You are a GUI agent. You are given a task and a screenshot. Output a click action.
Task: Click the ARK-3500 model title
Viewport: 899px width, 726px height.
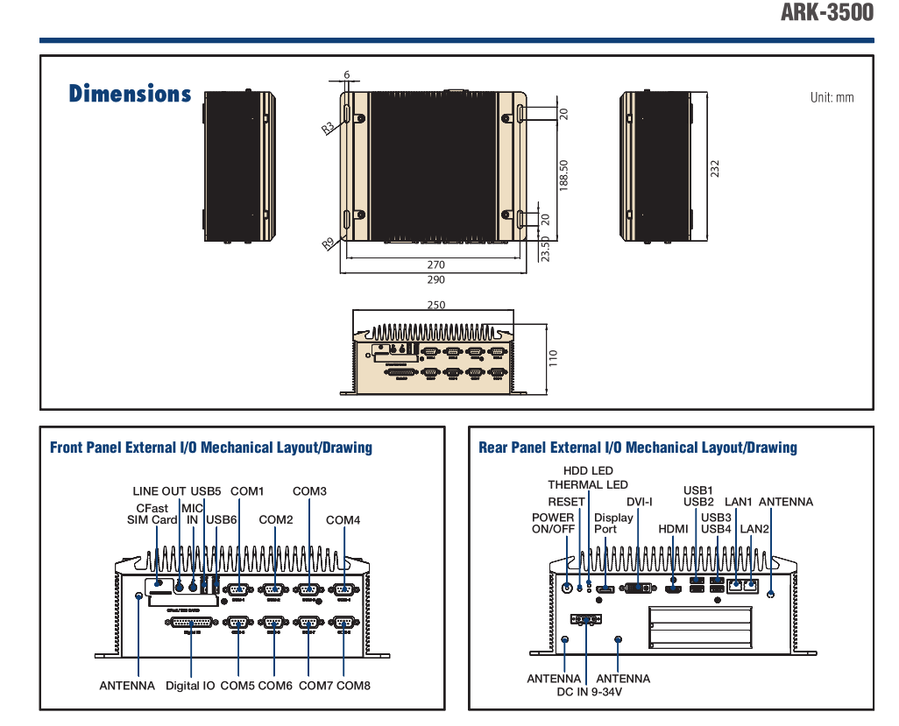[x=826, y=13]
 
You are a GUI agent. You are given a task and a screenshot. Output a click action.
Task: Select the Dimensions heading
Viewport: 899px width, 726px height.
[x=130, y=94]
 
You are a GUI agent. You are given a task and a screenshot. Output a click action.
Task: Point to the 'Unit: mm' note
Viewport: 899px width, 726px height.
[x=832, y=97]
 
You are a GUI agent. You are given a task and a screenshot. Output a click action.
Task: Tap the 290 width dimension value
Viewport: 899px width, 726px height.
[x=435, y=280]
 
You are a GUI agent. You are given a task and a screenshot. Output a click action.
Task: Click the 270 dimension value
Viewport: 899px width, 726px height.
[x=435, y=264]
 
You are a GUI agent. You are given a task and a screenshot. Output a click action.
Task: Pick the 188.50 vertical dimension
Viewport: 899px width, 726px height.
[x=564, y=175]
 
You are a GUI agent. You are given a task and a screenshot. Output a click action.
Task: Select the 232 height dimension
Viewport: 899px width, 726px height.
[x=715, y=166]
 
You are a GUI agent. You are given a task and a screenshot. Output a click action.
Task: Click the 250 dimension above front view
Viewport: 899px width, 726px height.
[x=435, y=305]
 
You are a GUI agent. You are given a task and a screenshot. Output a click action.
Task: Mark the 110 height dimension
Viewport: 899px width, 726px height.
[x=553, y=358]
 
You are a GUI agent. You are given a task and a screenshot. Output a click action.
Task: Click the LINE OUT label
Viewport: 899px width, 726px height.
[x=159, y=491]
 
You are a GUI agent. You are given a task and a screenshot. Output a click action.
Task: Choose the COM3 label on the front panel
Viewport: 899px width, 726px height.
[x=309, y=491]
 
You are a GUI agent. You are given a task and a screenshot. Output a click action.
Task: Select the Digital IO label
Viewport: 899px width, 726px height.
[x=190, y=686]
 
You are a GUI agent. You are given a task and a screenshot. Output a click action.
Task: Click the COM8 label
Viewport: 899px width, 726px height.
[x=353, y=686]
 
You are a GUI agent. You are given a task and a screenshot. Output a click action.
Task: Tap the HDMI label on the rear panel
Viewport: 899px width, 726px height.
[x=673, y=529]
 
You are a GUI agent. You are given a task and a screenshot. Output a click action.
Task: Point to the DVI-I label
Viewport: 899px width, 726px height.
[x=640, y=502]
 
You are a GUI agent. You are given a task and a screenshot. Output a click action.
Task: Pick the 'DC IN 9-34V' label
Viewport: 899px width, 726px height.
[x=589, y=692]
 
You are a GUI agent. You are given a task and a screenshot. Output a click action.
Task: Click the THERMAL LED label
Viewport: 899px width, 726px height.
[x=588, y=484]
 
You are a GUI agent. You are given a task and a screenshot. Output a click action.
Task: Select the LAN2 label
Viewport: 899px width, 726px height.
[x=754, y=529]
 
